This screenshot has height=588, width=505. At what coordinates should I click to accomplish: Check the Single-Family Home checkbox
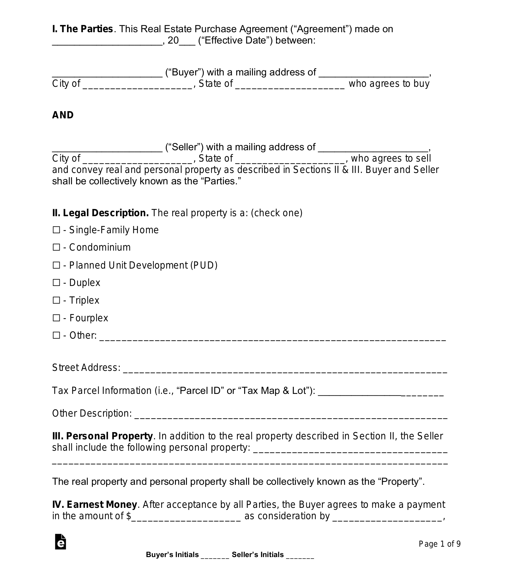56,230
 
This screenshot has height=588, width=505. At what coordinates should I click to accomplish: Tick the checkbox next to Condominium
56,247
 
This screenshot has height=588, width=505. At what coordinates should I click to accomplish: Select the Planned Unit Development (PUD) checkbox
56,265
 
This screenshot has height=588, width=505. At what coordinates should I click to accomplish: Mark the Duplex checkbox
56,283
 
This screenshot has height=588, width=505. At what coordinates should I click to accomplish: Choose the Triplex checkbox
56,300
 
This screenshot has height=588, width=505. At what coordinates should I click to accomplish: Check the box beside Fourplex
56,318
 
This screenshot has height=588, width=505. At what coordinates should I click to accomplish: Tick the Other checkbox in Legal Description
56,336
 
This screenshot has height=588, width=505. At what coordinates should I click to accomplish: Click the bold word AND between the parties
63,115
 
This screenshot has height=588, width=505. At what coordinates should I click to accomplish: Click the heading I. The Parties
82,29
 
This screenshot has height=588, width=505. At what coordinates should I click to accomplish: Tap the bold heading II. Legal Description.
100,213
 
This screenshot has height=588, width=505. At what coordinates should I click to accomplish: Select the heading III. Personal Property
102,436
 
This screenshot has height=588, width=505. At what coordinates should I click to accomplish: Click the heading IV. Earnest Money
94,505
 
